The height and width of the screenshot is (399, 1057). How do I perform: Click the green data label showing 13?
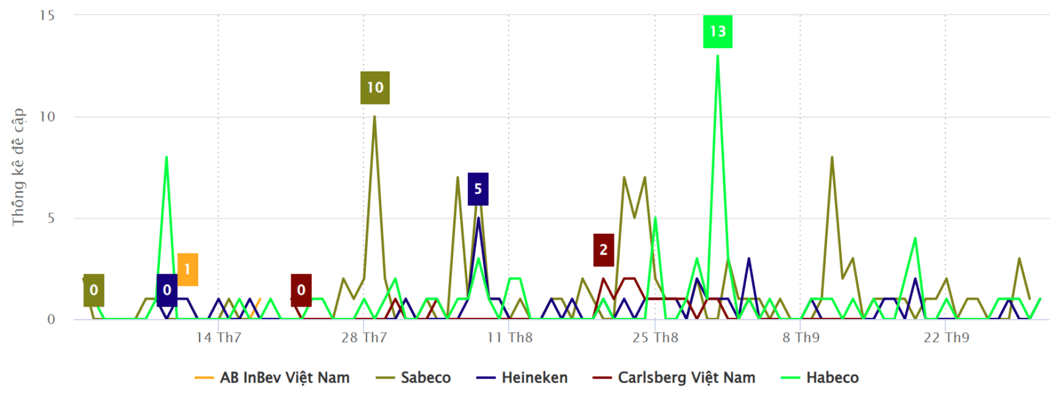pos(717,31)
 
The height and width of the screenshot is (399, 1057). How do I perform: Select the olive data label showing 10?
pos(375,87)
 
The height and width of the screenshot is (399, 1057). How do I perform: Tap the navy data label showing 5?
pos(478,189)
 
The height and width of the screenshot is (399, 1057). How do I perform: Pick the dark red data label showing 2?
pos(603,250)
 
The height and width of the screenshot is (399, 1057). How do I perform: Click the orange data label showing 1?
pos(188,269)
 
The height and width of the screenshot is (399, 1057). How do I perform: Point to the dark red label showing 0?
pos(301,290)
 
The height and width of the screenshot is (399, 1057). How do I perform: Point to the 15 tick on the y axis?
pos(47,15)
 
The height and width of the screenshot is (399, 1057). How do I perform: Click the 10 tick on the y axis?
pos(47,117)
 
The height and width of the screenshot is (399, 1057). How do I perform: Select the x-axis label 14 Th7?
pos(219,338)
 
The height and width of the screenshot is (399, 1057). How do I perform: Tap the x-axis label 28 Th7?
pos(364,338)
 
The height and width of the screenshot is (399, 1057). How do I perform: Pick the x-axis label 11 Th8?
pos(509,338)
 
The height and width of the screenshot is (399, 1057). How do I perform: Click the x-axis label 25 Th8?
pos(655,338)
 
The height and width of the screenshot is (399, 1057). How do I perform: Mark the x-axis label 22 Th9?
pos(946,338)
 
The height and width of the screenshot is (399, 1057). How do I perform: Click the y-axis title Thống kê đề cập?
pos(18,167)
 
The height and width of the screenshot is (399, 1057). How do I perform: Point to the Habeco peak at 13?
pos(717,56)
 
